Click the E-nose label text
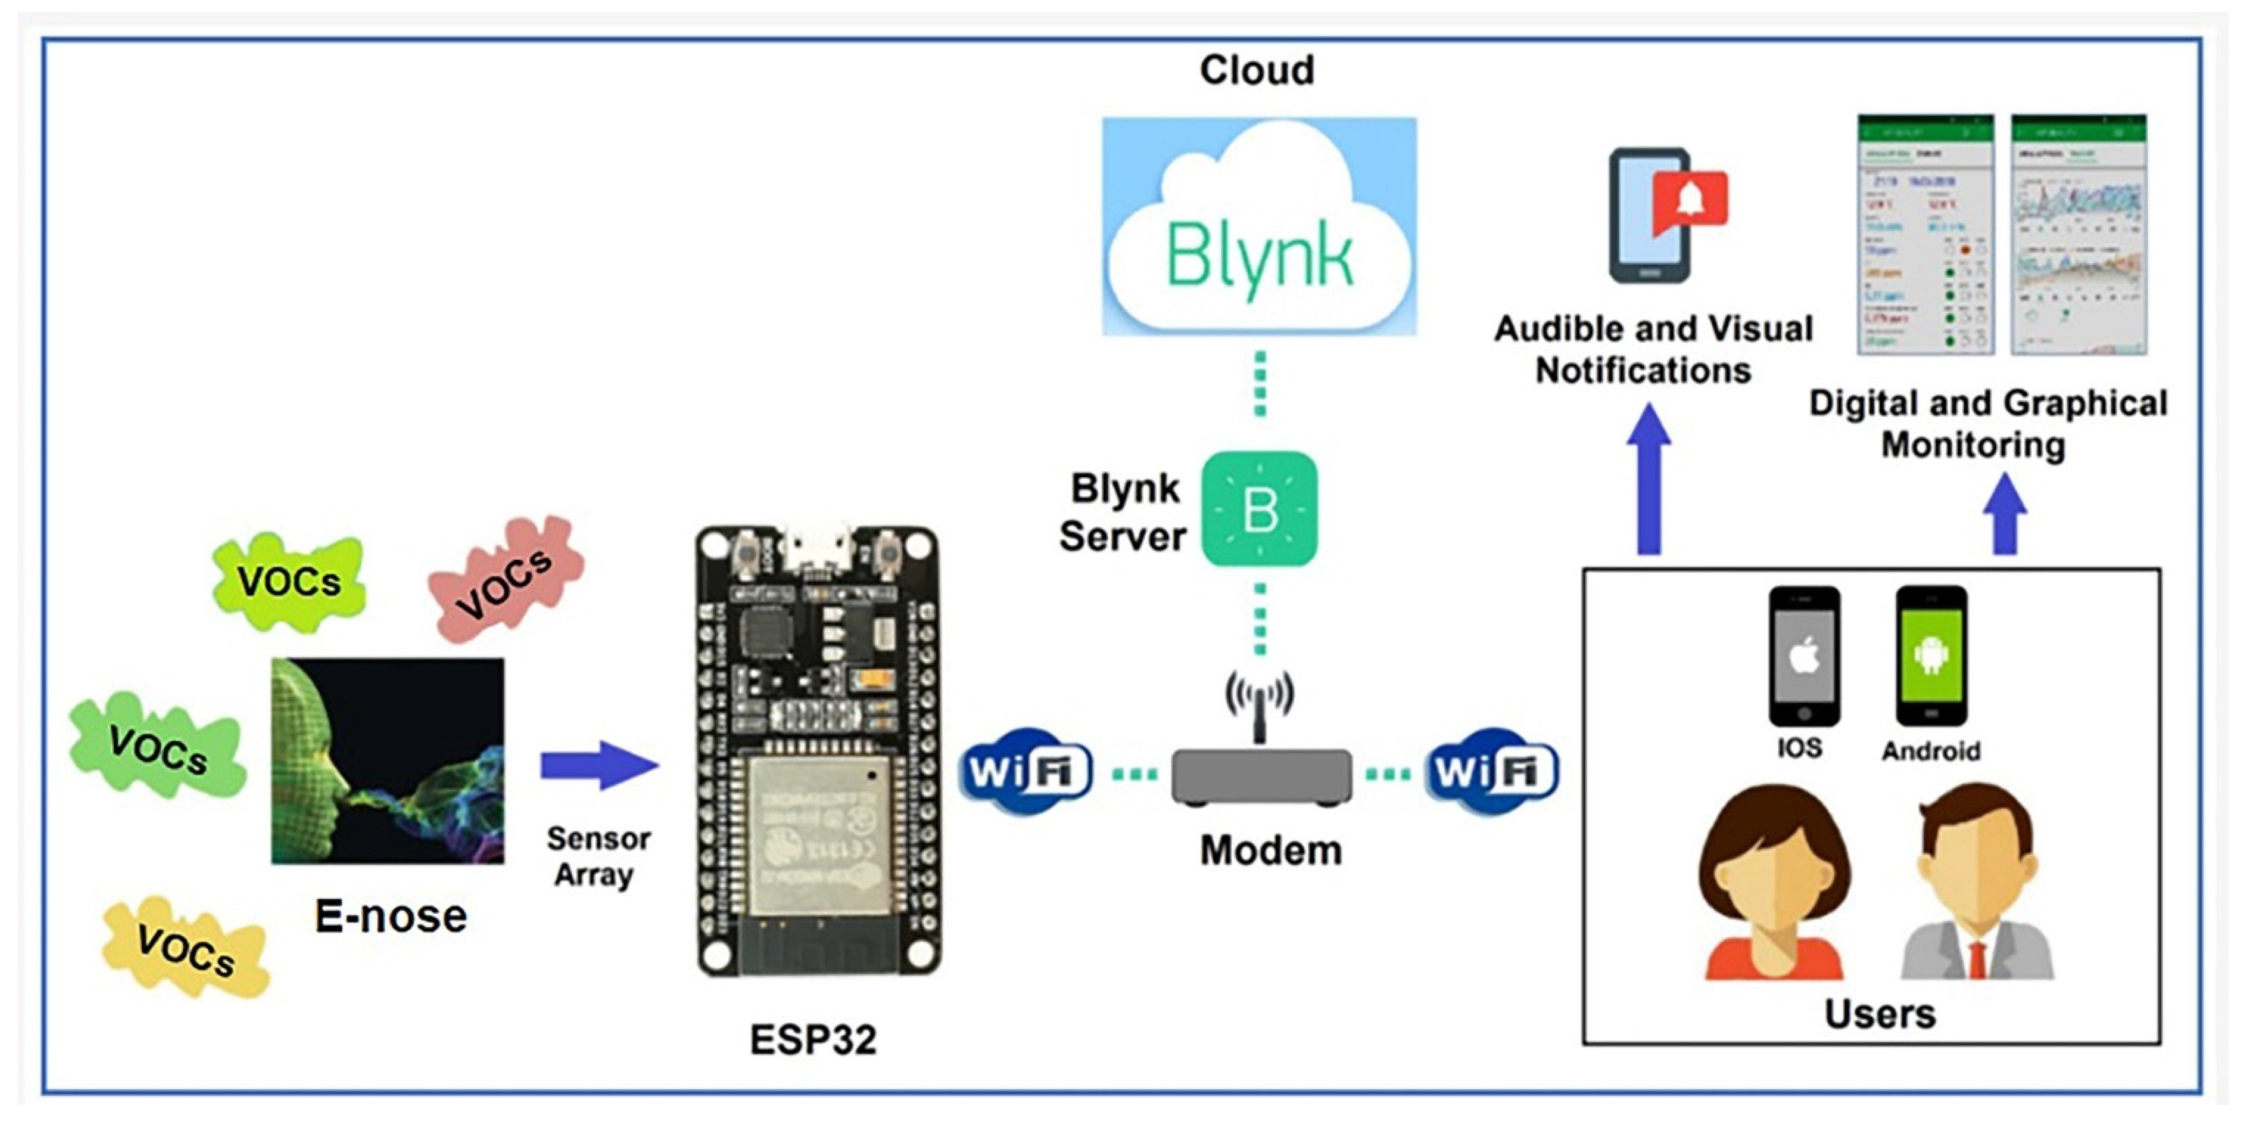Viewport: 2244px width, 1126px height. coord(390,915)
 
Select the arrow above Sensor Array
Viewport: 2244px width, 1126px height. coord(599,765)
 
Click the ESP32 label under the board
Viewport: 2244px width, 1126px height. coord(813,1039)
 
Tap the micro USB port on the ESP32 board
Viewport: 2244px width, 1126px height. coord(816,547)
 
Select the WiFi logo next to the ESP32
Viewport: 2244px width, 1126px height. coord(1025,770)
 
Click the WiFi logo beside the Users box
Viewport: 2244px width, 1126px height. coord(1491,770)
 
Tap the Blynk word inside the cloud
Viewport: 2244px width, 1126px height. coord(1259,256)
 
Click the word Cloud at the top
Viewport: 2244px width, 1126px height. coord(1256,70)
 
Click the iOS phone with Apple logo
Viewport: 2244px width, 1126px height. coord(1803,655)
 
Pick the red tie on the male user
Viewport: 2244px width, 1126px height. coord(1977,959)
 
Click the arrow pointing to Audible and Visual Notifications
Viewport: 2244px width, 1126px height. coord(1648,479)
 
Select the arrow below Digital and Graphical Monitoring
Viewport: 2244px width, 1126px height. coord(2004,514)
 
